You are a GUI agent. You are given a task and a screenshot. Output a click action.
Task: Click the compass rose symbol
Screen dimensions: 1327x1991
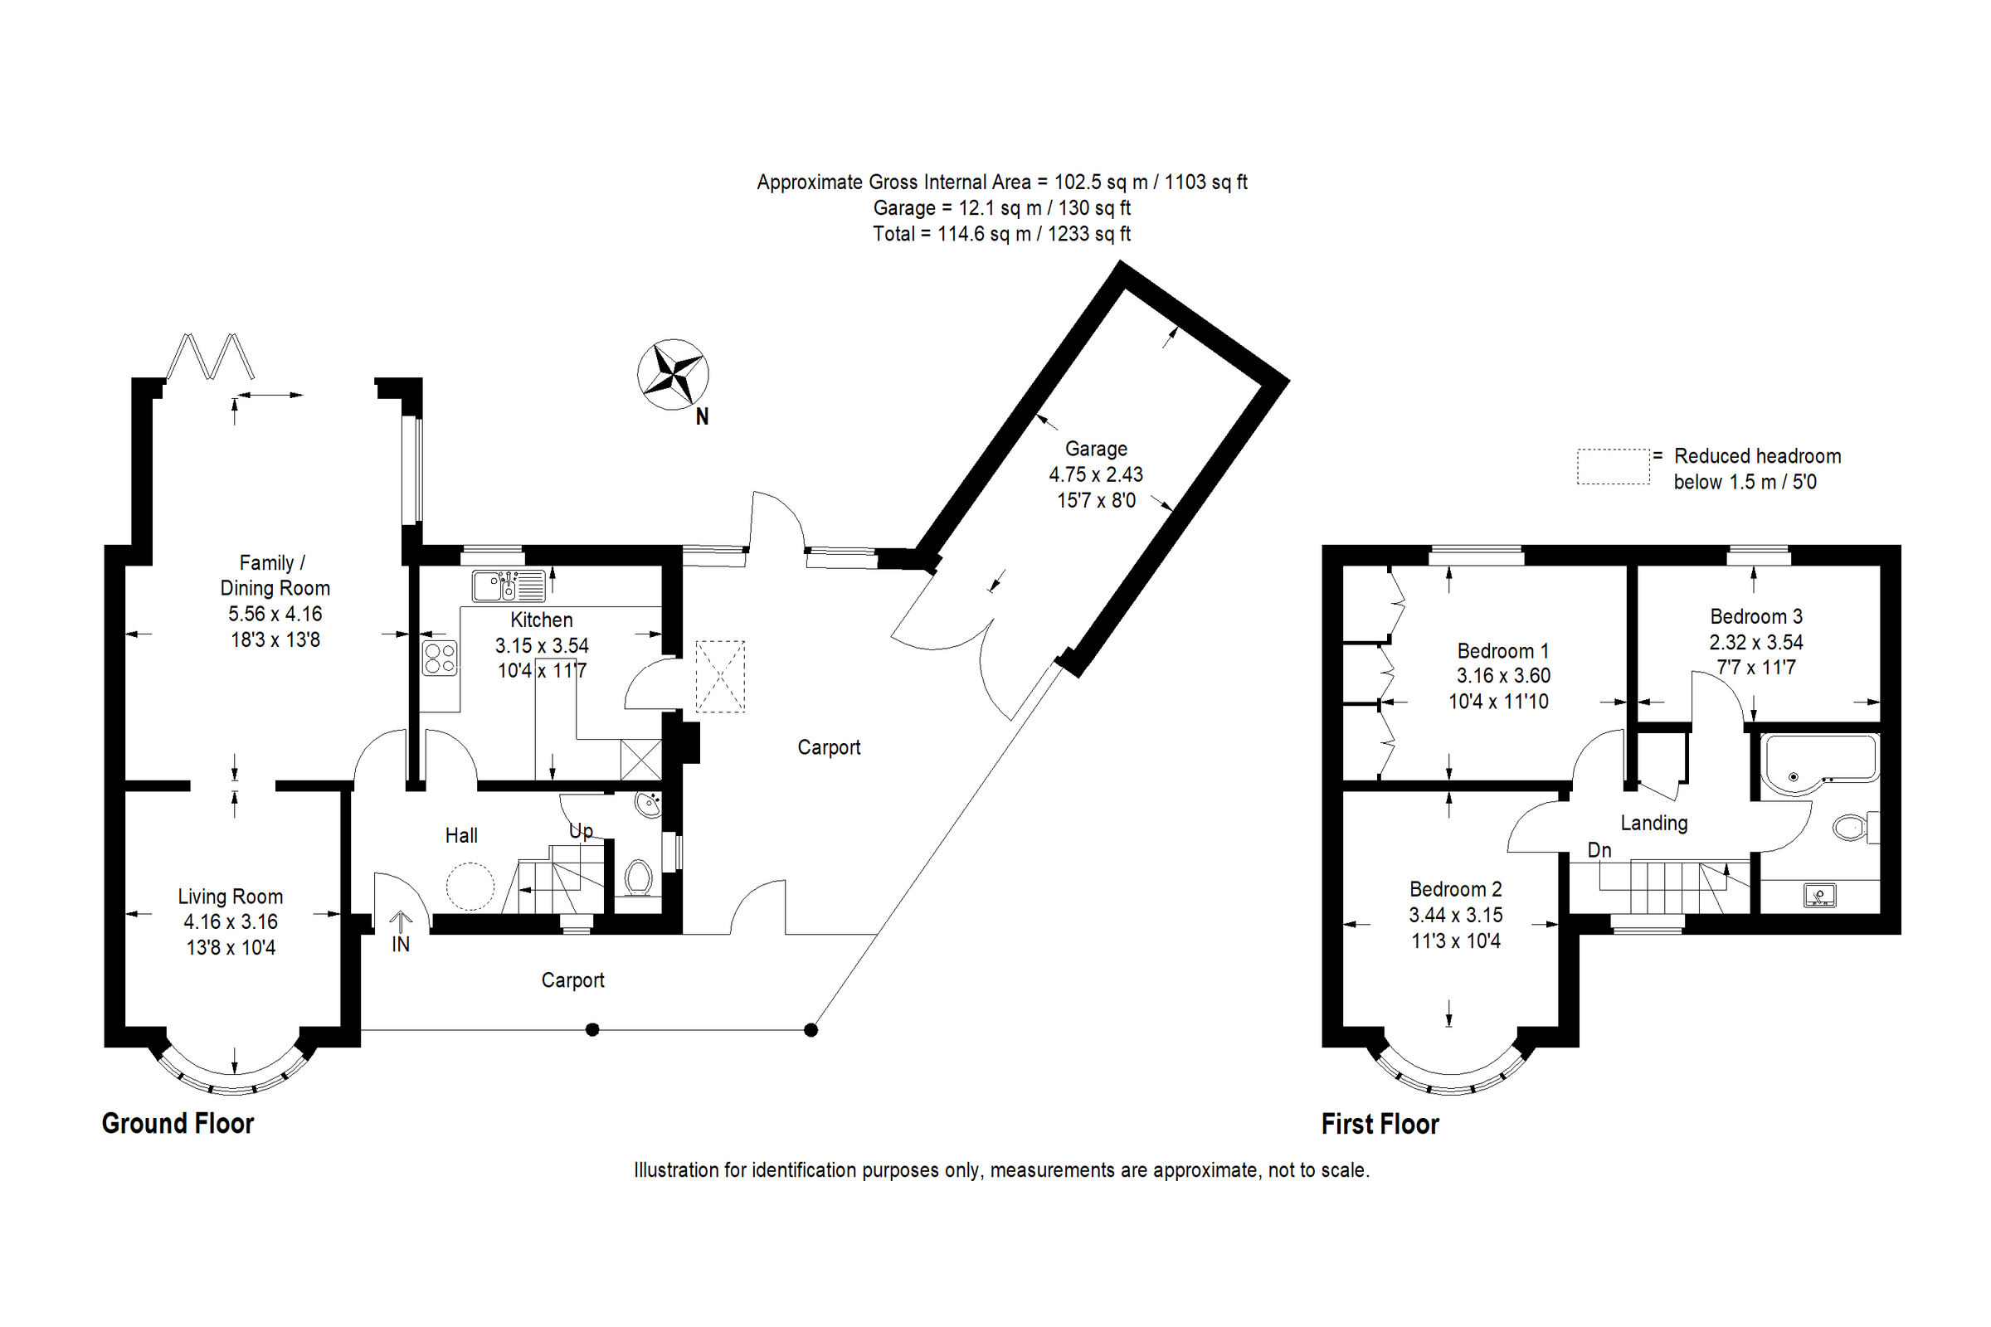click(673, 374)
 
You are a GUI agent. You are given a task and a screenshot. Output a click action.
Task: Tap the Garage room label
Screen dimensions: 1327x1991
click(1095, 449)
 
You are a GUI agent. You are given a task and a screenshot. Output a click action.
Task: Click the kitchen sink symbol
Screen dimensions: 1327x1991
click(508, 586)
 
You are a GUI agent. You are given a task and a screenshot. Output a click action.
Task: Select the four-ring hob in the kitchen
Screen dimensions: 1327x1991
click(441, 659)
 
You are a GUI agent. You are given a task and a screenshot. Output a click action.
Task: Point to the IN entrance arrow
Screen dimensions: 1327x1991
click(401, 922)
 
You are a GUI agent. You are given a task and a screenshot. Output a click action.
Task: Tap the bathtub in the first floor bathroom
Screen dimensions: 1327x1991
click(1817, 763)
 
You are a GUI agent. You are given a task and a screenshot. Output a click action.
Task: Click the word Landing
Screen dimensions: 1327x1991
click(1653, 823)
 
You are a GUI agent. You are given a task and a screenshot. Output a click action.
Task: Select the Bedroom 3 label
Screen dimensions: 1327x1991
click(1755, 616)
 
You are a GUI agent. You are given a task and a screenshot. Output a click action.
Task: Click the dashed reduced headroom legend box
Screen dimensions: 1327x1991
click(1613, 466)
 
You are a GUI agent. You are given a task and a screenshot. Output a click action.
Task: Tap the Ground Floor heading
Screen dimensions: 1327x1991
click(178, 1123)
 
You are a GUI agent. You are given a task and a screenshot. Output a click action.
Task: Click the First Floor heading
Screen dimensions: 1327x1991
click(1380, 1124)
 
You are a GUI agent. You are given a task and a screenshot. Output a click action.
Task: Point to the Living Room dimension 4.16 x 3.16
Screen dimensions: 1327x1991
click(231, 921)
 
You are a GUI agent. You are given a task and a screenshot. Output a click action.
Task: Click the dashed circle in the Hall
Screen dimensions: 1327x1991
click(470, 886)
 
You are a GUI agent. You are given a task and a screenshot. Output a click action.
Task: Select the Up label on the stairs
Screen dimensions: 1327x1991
click(581, 831)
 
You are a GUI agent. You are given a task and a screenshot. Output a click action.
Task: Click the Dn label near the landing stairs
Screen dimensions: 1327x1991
click(1599, 849)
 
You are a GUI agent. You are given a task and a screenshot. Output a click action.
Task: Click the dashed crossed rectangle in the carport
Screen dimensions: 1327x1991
click(719, 676)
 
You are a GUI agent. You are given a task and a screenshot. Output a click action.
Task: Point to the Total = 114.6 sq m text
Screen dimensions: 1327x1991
click(1001, 234)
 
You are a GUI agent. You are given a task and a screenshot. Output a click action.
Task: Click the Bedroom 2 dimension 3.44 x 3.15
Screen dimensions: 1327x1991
click(1455, 915)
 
